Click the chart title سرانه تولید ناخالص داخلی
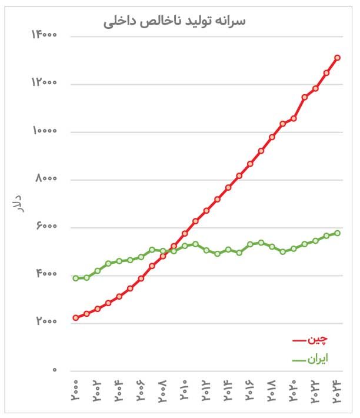[175, 21]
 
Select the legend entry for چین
[311, 340]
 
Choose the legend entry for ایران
[311, 359]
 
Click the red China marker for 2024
[337, 58]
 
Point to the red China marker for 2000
[75, 318]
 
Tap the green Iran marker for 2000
[75, 278]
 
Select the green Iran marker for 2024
[337, 233]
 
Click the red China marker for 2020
[294, 118]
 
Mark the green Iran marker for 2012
[206, 250]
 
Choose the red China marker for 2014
[228, 187]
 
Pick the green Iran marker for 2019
[282, 251]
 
